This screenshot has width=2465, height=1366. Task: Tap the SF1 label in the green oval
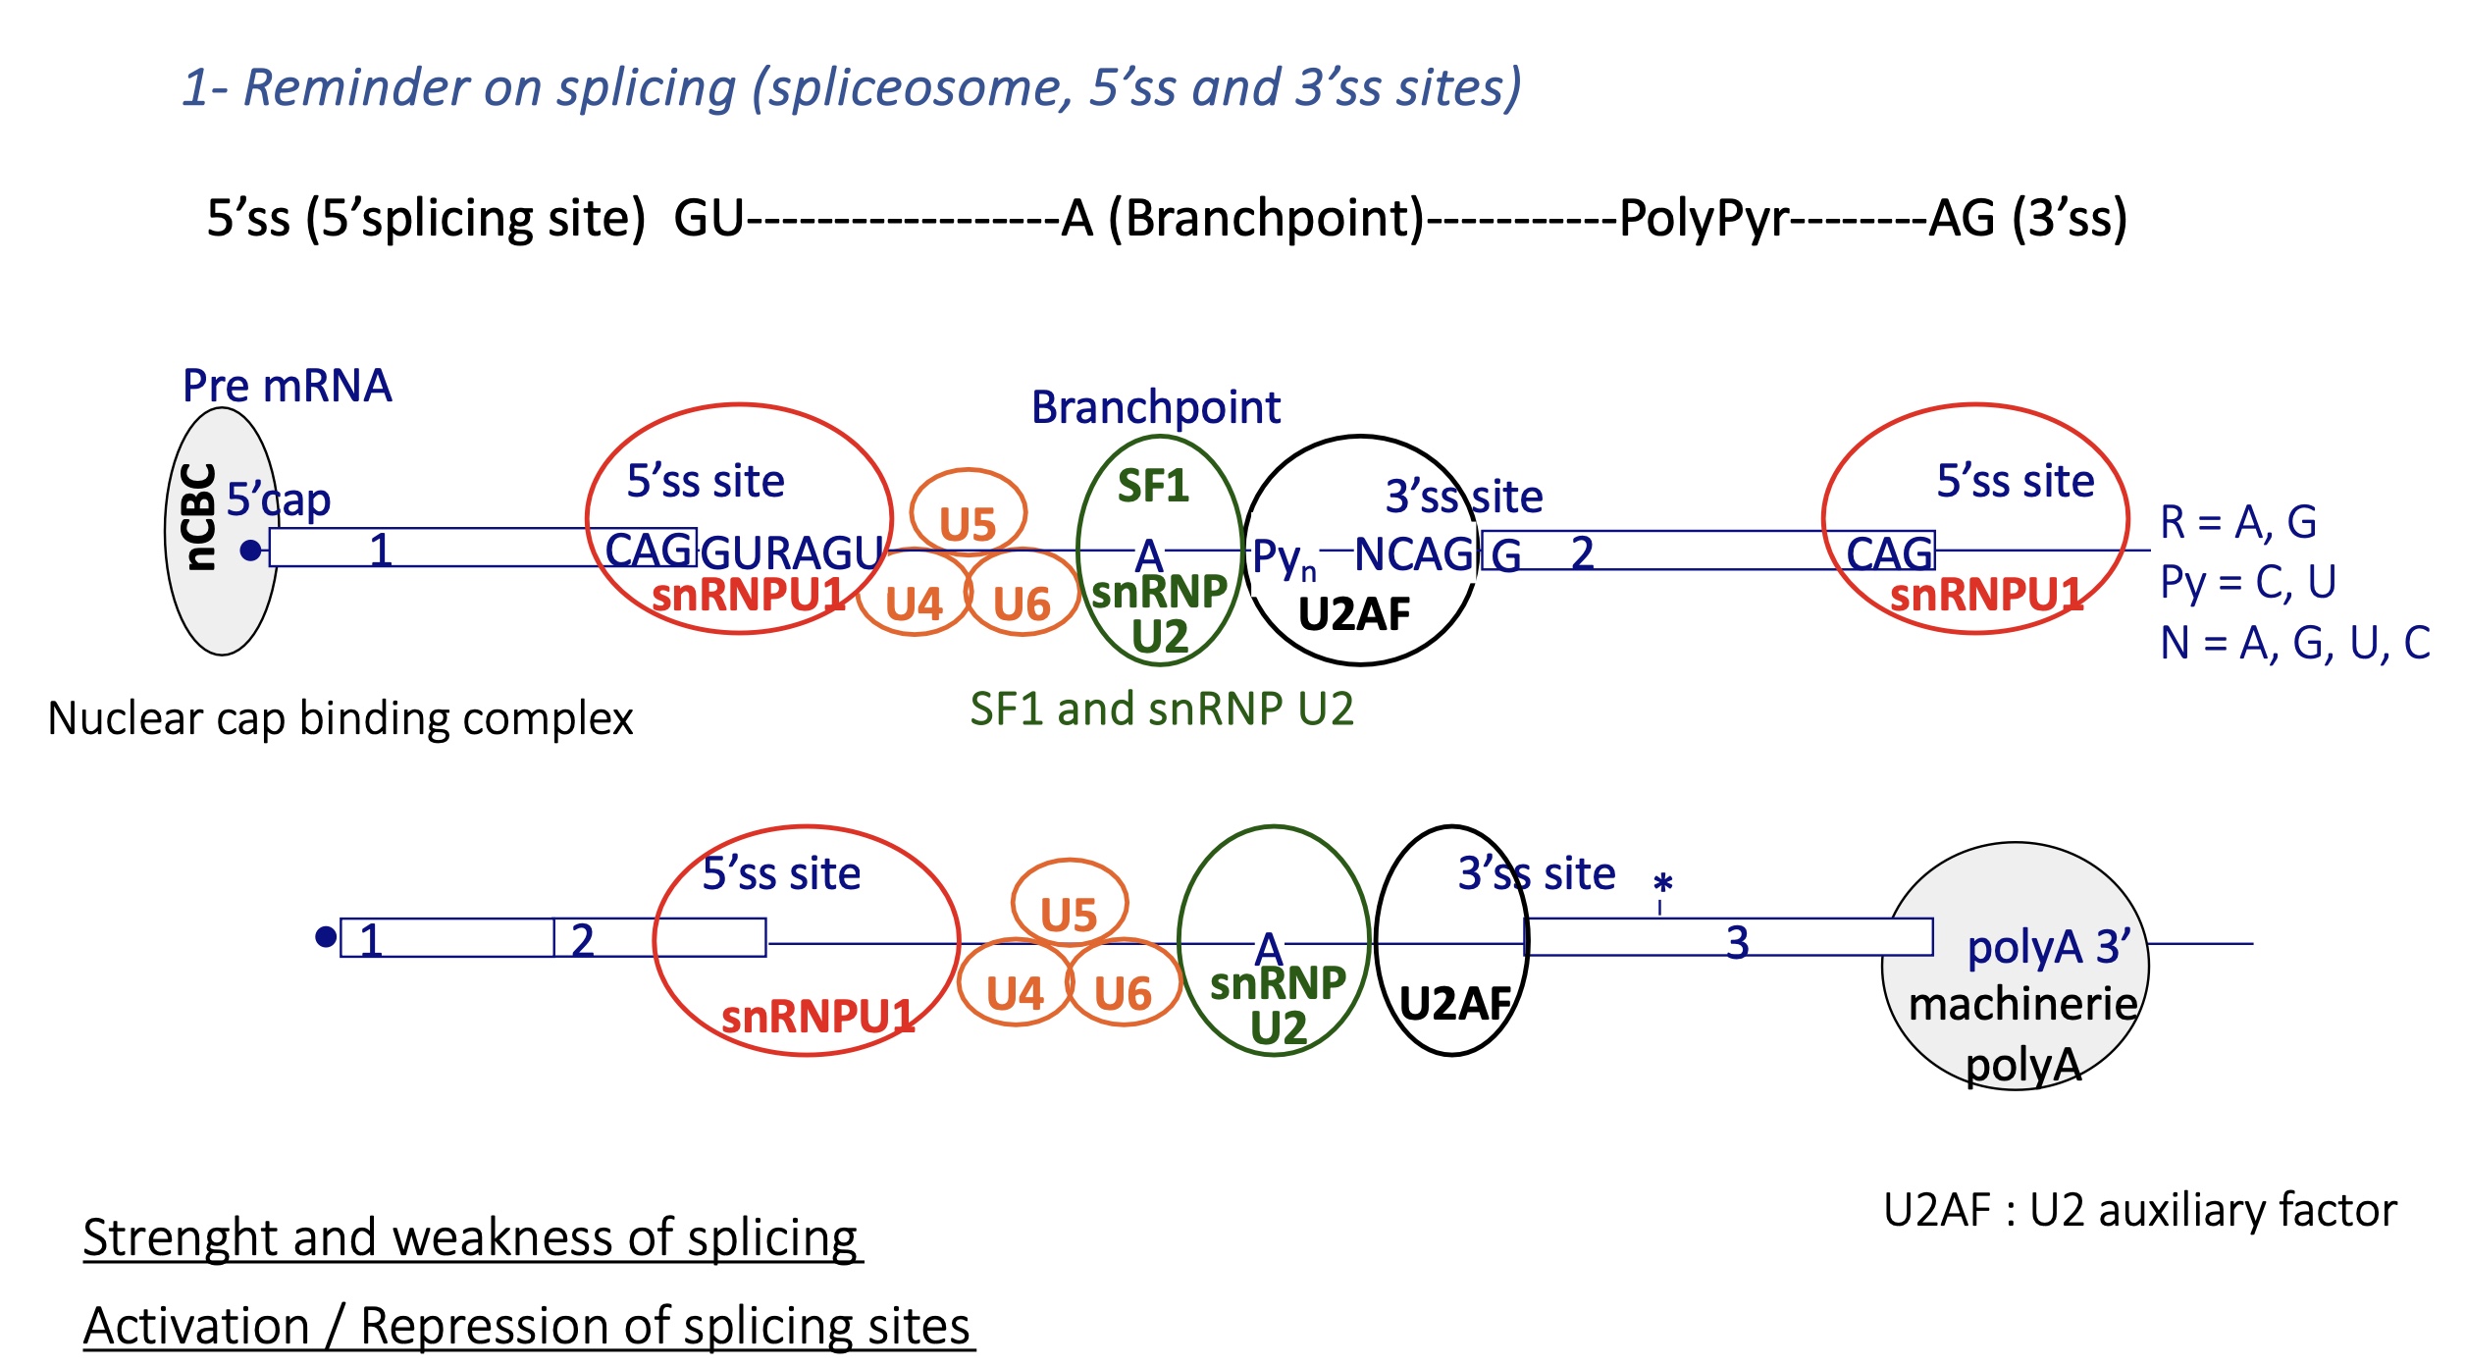1153,486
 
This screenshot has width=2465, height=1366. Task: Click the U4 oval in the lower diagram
1015,993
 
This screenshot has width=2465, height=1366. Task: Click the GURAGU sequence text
792,552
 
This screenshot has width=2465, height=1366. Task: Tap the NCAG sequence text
1413,554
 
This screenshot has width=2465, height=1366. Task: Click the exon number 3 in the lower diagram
1738,942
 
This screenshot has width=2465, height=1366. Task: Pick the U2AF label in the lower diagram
1454,1003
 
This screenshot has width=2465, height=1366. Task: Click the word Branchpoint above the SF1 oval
1155,407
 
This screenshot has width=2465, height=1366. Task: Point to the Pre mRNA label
287,386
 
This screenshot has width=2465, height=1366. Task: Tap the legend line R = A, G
2237,522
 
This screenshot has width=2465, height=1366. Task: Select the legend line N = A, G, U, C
2294,644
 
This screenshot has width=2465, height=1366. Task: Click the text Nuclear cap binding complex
340,718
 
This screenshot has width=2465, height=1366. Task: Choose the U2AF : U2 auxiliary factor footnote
2139,1210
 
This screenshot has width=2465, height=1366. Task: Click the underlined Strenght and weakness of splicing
471,1236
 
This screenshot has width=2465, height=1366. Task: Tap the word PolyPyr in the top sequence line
1704,218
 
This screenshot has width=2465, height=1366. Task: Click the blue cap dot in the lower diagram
326,937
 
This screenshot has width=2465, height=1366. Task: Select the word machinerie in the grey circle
2022,1004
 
